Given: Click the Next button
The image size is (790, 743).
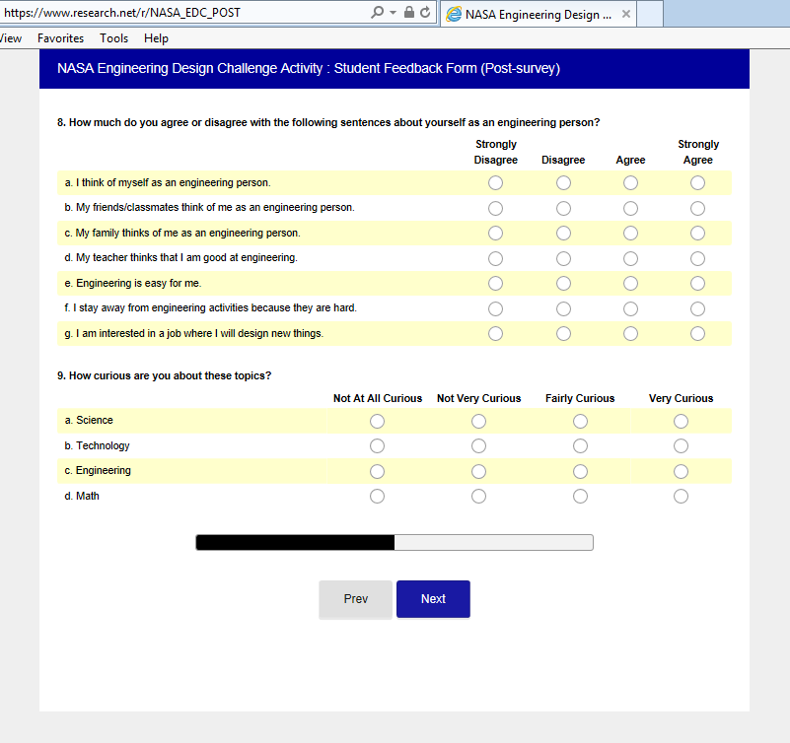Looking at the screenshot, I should [x=433, y=599].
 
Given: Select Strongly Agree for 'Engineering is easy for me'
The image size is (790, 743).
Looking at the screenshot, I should [x=697, y=283].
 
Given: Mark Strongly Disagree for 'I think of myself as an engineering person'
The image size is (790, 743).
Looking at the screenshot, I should [x=495, y=182].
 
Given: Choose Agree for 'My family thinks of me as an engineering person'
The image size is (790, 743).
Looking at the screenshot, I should [x=630, y=233].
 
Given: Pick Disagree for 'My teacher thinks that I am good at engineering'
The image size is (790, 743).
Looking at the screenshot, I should [x=563, y=258].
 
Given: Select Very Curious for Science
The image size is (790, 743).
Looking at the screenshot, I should [x=681, y=421].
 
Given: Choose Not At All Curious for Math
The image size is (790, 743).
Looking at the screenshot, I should [x=377, y=496].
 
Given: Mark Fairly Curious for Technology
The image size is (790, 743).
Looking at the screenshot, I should [x=580, y=445].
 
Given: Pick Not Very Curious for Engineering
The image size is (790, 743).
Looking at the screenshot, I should [x=478, y=471].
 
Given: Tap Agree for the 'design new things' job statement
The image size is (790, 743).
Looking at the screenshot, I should [x=630, y=333].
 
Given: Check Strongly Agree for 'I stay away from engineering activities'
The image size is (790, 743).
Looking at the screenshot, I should [x=697, y=308].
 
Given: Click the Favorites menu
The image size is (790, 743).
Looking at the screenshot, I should [x=61, y=38].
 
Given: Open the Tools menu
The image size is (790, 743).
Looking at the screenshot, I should [x=113, y=38].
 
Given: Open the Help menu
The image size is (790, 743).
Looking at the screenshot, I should [x=156, y=38].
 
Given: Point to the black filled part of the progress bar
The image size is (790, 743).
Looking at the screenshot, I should [x=295, y=542].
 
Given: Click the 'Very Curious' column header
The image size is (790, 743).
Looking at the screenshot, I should [x=681, y=398].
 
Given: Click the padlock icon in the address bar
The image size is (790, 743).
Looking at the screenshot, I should [x=408, y=13].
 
